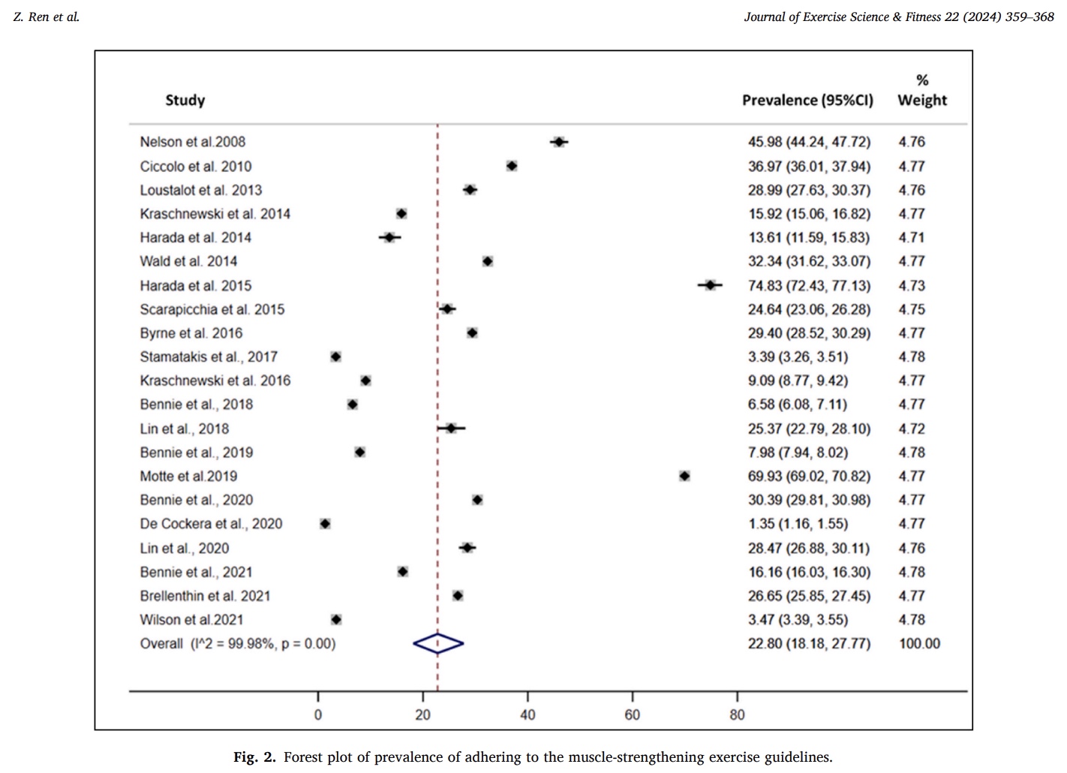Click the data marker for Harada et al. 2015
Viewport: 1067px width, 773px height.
pos(710,285)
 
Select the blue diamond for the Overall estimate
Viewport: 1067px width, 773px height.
pos(438,643)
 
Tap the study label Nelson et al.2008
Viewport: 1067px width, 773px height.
pos(192,142)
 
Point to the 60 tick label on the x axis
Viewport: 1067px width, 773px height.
pos(633,714)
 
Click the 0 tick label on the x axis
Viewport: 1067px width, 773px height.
pos(317,714)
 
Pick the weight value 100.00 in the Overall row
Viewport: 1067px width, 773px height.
pos(919,643)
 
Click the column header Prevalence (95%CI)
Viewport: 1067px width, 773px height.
pos(807,101)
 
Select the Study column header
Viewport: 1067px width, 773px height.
pos(185,101)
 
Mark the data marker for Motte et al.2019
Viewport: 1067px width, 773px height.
pos(684,476)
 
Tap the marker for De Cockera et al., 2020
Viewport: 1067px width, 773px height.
pos(325,524)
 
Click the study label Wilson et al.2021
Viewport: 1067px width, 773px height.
pos(191,620)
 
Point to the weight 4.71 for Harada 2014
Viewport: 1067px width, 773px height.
pos(912,238)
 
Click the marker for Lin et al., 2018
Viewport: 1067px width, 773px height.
pos(451,429)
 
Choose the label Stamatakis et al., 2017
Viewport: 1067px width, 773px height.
pos(209,357)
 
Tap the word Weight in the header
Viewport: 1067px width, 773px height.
pos(922,101)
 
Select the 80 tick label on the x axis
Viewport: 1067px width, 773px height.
pos(737,714)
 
